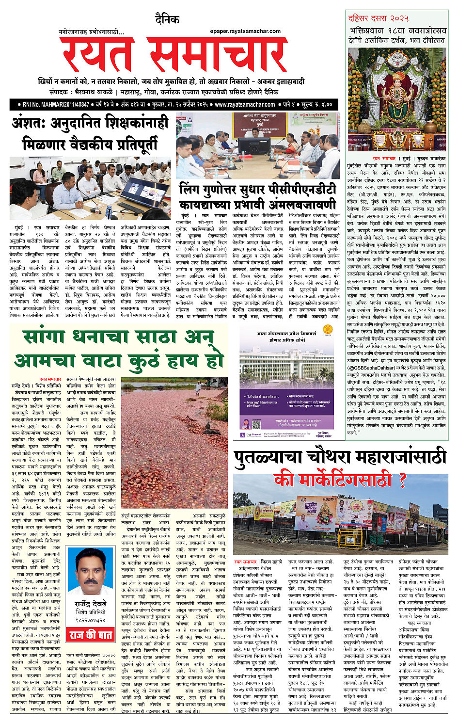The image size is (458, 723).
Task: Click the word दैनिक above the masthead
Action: (167, 19)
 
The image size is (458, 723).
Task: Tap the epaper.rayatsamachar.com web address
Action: (245, 32)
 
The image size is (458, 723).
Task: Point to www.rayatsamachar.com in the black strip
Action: (245, 104)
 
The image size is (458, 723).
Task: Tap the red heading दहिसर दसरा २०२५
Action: (379, 18)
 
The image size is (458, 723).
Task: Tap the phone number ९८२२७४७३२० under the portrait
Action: (91, 620)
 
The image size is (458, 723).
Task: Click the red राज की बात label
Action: (91, 635)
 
